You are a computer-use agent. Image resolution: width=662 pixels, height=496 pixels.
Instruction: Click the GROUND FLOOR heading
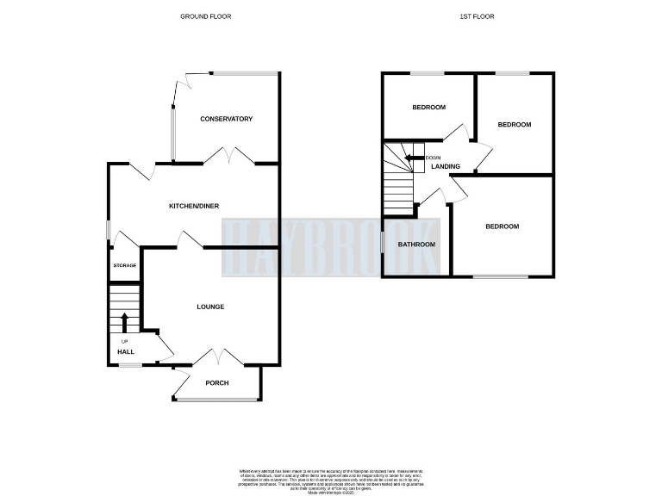(x=205, y=16)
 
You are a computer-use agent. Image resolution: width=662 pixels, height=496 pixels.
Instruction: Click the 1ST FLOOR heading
(x=479, y=16)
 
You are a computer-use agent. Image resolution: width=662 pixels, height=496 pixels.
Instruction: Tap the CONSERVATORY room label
(x=225, y=119)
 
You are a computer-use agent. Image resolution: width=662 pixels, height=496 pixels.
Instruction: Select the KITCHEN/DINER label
(x=192, y=206)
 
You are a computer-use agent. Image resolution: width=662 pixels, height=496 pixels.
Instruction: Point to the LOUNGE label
(x=210, y=307)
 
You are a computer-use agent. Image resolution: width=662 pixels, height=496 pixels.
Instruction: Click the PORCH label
(x=217, y=382)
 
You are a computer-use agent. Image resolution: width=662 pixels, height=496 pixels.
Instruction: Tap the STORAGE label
(x=125, y=265)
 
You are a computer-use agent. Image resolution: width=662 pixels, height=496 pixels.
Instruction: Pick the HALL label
(x=126, y=351)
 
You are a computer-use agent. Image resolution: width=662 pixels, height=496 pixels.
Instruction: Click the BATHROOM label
(x=416, y=245)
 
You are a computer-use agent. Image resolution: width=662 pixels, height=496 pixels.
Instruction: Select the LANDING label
(x=445, y=167)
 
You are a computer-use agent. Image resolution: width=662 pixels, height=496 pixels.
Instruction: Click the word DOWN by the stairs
(x=434, y=158)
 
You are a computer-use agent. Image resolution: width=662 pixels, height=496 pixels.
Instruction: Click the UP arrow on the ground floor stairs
(x=124, y=322)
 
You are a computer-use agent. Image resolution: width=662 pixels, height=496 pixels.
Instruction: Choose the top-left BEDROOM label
(x=428, y=108)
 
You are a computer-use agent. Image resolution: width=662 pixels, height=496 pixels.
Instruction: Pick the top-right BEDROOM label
(x=515, y=125)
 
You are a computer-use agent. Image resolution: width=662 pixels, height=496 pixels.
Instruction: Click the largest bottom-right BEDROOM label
(x=502, y=226)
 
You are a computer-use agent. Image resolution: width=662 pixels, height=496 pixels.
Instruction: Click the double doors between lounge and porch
(x=216, y=357)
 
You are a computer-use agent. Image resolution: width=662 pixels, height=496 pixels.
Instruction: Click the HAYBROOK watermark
(x=331, y=247)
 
